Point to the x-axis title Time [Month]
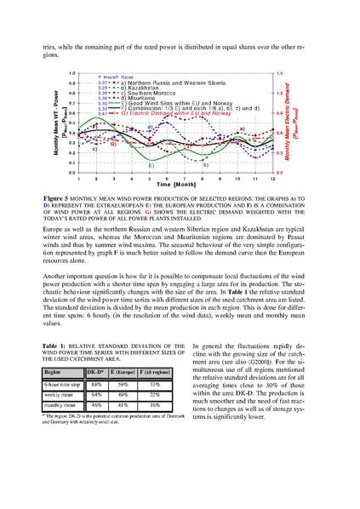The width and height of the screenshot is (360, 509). [174, 185]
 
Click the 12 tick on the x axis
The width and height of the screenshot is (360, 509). [273, 178]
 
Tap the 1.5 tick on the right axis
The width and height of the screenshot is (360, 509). [279, 73]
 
